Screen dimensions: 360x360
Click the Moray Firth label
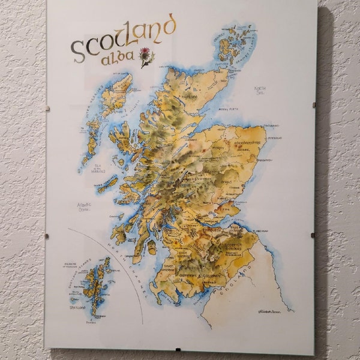click(x=229, y=110)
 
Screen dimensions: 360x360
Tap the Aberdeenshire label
click(x=238, y=143)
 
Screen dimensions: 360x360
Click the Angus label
click(x=226, y=181)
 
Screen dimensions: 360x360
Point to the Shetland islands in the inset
click(x=96, y=282)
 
